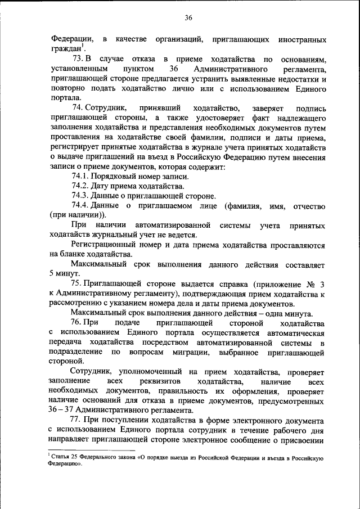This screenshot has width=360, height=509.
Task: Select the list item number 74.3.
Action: click(x=80, y=196)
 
